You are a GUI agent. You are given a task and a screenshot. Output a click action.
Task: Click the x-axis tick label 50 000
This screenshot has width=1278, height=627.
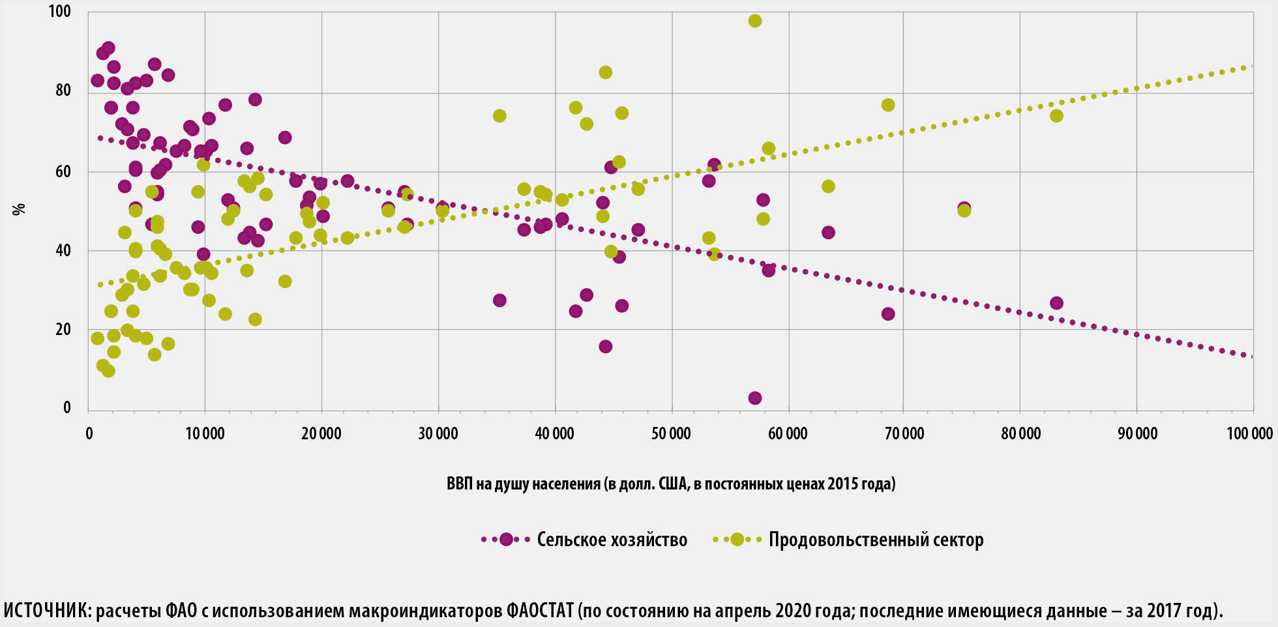click(671, 433)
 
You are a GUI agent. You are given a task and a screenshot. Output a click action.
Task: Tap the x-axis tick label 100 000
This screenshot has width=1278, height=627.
click(1249, 433)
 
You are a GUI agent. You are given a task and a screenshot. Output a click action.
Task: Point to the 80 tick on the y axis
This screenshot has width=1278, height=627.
click(63, 91)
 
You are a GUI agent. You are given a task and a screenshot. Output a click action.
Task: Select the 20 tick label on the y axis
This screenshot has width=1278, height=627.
click(63, 329)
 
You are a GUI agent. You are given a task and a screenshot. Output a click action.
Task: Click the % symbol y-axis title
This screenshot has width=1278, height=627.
click(20, 209)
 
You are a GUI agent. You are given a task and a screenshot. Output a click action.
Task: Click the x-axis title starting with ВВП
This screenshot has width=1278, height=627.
click(671, 484)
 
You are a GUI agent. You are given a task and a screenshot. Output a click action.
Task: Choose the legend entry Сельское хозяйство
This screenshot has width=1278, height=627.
click(612, 540)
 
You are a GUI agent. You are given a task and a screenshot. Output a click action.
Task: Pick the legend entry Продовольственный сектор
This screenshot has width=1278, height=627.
click(876, 540)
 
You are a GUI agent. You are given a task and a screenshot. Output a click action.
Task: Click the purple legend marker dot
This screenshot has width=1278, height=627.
click(506, 540)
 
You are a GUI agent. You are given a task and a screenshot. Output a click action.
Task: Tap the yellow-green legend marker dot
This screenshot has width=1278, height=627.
click(737, 540)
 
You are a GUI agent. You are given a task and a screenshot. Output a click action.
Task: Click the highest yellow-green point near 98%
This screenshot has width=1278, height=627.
click(755, 21)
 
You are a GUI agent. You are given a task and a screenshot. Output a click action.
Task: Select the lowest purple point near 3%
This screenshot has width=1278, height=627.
click(755, 398)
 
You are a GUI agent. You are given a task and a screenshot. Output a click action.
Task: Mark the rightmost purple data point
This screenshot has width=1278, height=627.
click(1056, 303)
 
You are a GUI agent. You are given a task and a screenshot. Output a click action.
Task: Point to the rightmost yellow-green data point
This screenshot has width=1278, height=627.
click(1056, 116)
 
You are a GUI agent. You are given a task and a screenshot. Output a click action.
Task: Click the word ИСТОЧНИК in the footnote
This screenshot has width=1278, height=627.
click(48, 611)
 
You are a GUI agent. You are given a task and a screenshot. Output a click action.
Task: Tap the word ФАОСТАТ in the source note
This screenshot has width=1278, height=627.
click(540, 611)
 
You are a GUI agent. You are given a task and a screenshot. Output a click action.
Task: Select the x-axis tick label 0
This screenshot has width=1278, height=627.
click(89, 433)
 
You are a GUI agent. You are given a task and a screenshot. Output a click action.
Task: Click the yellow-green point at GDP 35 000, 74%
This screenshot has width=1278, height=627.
click(499, 116)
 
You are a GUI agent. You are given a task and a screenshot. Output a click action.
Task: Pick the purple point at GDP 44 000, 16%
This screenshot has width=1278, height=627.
click(605, 346)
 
